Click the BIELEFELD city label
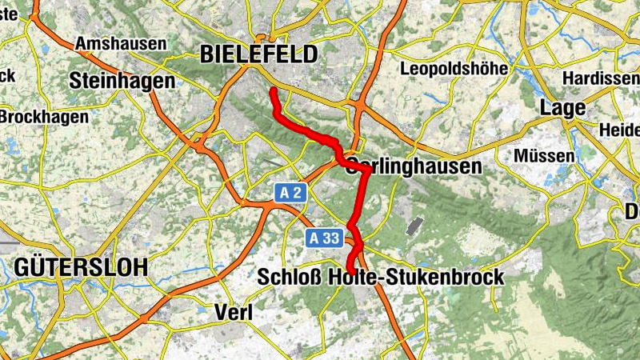pos(258,54)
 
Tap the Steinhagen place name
pos(122,81)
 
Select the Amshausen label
pos(121,43)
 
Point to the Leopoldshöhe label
pos(454,69)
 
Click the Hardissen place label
pos(600,78)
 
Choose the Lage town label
pos(563,107)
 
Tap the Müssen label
pos(545,154)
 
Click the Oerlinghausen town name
pos(415,166)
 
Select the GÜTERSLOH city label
pos(80,267)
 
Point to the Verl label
pos(234,312)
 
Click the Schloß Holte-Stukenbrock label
pos(381,278)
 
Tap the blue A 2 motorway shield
pos(291,193)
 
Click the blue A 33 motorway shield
pos(324,238)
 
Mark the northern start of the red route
pos(273,90)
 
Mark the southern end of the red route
pos(350,273)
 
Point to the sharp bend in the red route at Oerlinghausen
pos(367,170)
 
